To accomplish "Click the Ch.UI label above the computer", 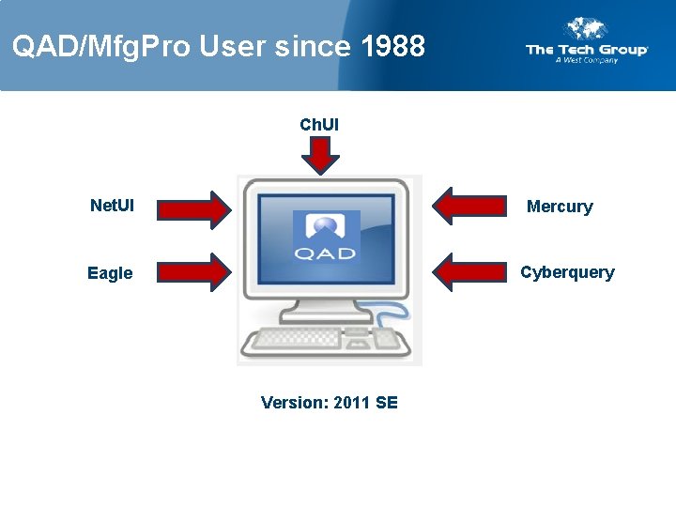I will [x=319, y=124].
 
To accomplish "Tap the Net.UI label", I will [x=111, y=205].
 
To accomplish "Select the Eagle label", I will [x=110, y=273].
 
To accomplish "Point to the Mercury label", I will [x=560, y=207].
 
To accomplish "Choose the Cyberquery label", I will [x=567, y=272].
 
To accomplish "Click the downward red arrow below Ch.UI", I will [x=320, y=155].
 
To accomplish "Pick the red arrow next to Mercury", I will [x=471, y=207].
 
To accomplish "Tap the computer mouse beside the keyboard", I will [x=385, y=339].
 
